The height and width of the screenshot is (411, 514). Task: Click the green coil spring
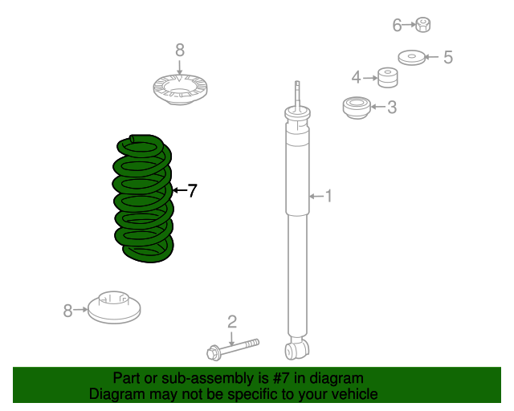[x=144, y=201]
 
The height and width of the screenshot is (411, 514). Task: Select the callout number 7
[x=191, y=190]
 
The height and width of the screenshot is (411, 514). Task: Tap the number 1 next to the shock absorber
[x=328, y=195]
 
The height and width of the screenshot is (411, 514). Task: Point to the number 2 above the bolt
[x=232, y=322]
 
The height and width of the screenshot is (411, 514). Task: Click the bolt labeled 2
[x=233, y=348]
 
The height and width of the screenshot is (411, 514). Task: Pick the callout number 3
[x=391, y=107]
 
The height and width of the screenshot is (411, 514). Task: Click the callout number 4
[x=357, y=77]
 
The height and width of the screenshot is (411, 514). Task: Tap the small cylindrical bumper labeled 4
[x=389, y=79]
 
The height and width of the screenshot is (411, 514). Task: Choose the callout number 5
[x=448, y=57]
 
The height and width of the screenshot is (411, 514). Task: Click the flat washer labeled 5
[x=412, y=58]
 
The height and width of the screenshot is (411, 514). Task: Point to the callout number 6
[x=397, y=26]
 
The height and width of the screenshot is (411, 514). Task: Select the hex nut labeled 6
[x=425, y=26]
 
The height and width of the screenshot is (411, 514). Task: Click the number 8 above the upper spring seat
[x=179, y=50]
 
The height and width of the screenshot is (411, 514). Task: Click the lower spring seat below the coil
[x=113, y=308]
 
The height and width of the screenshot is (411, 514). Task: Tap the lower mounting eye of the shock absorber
[x=297, y=349]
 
